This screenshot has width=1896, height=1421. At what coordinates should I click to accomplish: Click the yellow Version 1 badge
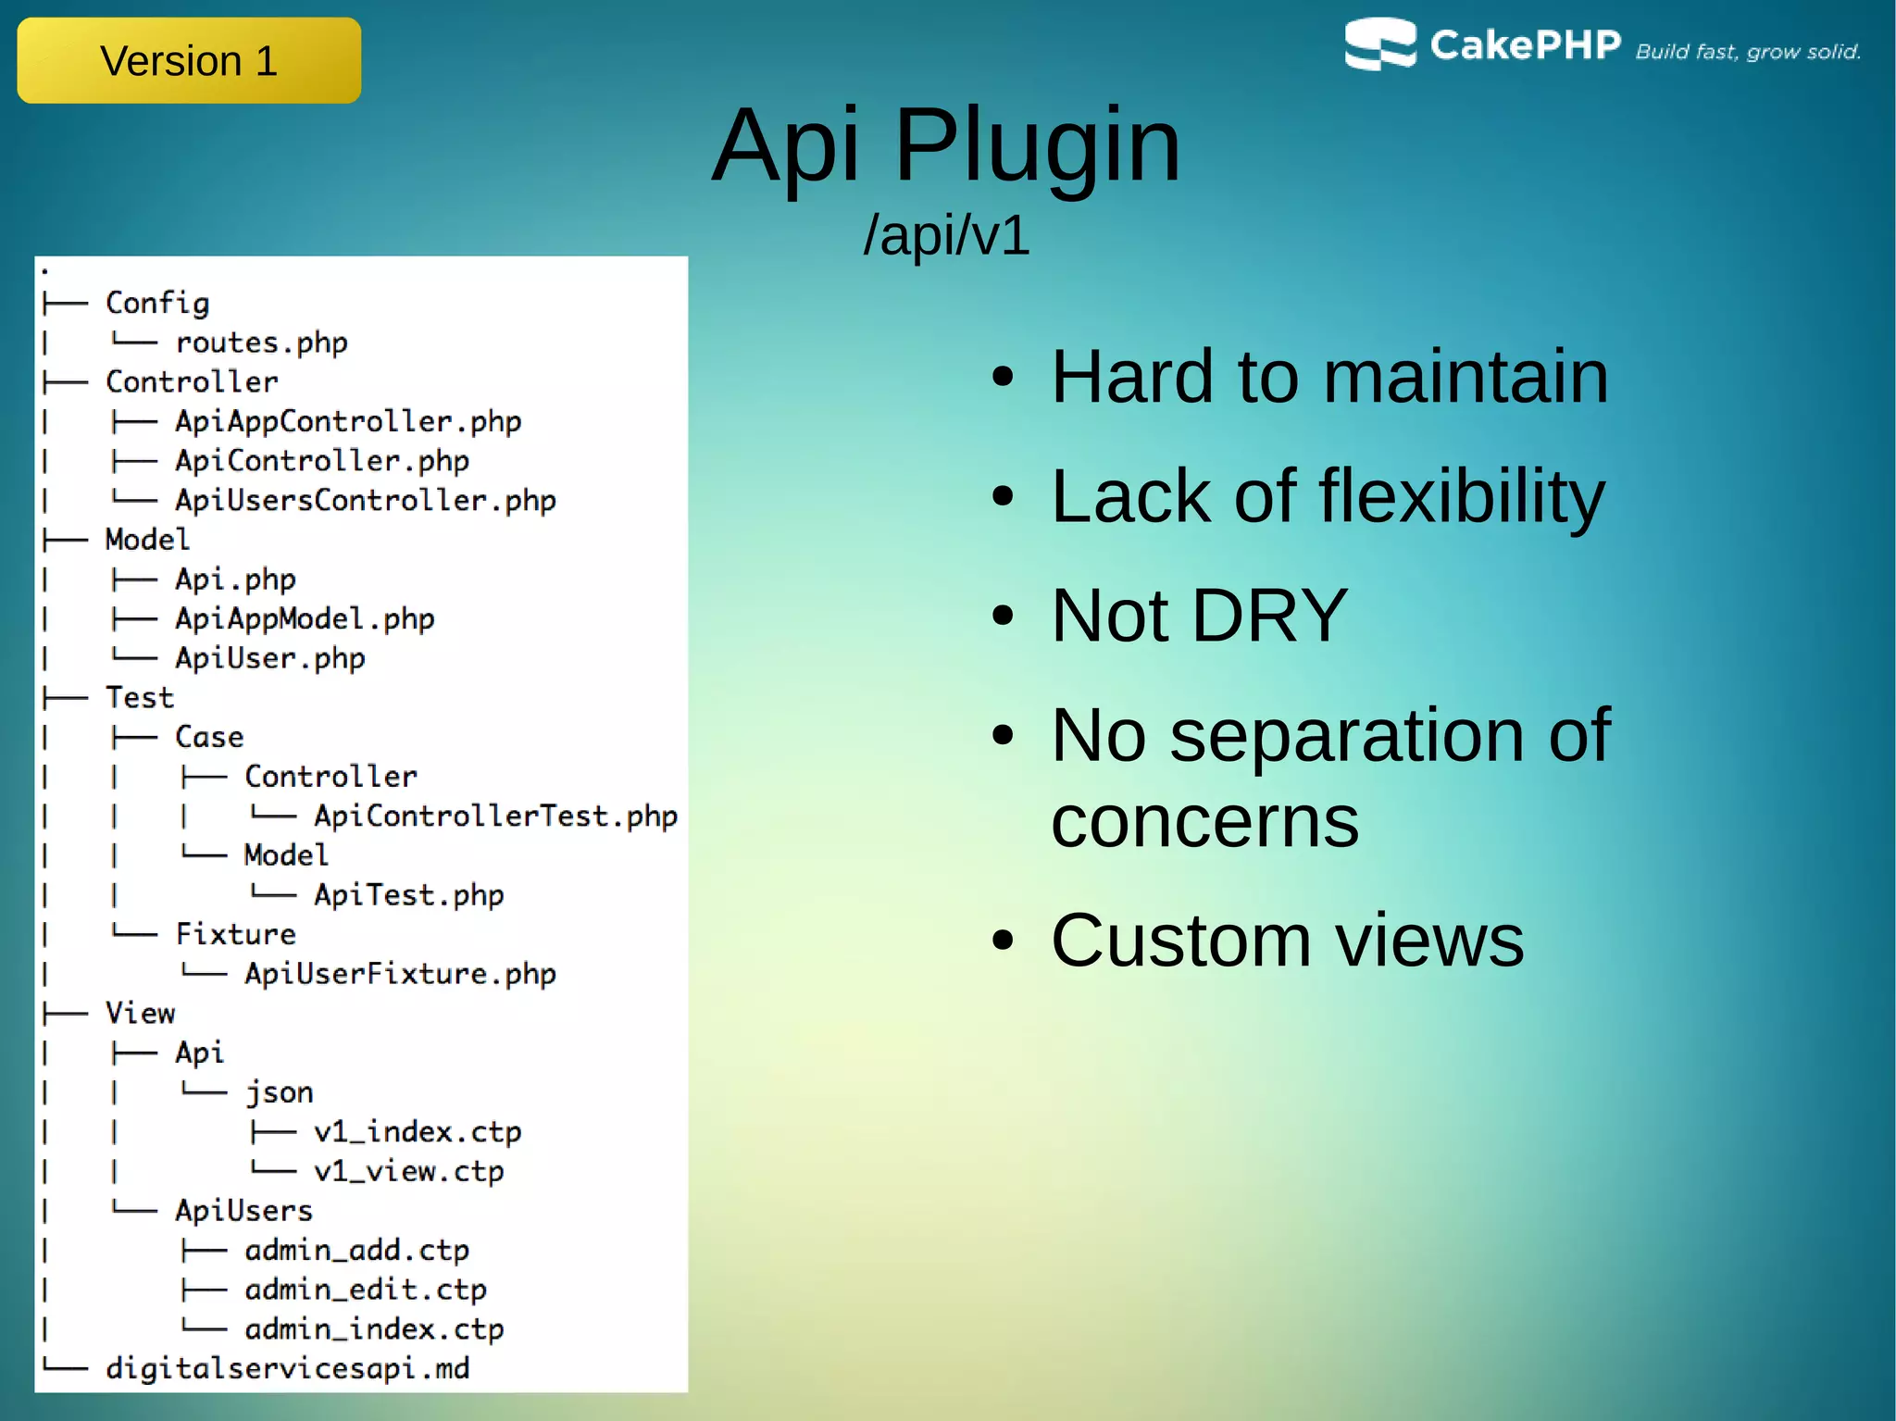(x=189, y=61)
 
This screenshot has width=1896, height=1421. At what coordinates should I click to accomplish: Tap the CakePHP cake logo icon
(x=1379, y=44)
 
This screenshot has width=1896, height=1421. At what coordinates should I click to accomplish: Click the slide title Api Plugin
(x=946, y=145)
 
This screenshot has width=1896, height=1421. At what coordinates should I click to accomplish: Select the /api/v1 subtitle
(x=946, y=235)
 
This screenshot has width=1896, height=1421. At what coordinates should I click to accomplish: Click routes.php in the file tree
(x=261, y=343)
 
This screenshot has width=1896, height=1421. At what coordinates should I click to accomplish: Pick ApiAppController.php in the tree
(x=348, y=422)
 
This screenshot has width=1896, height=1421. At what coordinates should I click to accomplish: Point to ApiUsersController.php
(x=366, y=501)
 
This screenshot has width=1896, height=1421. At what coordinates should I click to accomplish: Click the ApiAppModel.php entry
(x=305, y=619)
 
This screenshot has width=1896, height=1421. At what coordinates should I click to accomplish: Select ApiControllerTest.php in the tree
(x=495, y=816)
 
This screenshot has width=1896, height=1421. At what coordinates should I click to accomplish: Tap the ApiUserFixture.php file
(x=400, y=974)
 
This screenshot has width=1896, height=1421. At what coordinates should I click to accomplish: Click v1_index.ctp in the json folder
(x=418, y=1132)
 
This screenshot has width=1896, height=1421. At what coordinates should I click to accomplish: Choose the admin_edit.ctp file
(x=366, y=1290)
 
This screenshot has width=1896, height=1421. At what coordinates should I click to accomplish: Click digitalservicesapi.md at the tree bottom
(x=287, y=1368)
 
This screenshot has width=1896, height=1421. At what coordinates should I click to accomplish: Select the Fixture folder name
(x=236, y=934)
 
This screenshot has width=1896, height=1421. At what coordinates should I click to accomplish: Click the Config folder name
(x=157, y=304)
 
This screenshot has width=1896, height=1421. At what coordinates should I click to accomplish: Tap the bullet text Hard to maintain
(x=1329, y=377)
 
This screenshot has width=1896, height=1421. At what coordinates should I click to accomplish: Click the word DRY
(x=1269, y=616)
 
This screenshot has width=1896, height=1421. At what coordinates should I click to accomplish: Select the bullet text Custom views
(x=1287, y=941)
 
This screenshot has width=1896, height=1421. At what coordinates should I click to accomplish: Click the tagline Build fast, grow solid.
(x=1748, y=52)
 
